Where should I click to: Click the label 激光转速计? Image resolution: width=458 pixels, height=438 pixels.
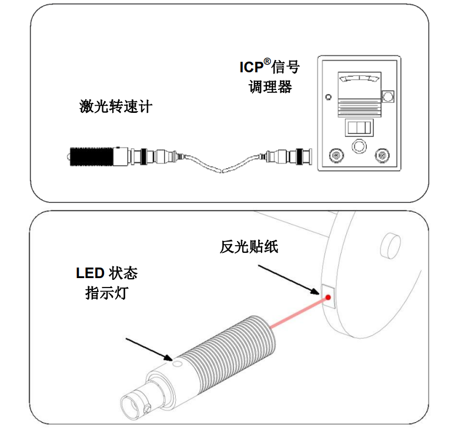coord(116,107)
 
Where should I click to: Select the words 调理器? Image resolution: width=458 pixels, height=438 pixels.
coord(270,87)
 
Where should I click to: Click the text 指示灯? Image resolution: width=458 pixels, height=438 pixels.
coord(106,293)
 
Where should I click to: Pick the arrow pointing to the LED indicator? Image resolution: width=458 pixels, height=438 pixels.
coord(149,349)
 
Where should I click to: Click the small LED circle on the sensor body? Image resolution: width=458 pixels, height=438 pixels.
coord(176,363)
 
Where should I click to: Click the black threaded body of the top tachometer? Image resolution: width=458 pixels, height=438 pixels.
coord(92,156)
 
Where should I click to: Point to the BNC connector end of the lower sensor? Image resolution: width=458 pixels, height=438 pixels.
coord(134,406)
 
